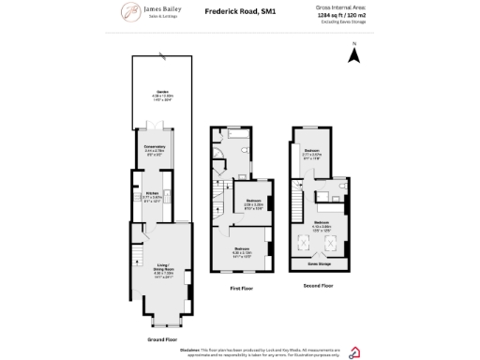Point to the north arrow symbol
pyautogui.click(x=353, y=55)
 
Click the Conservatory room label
pyautogui.click(x=156, y=146)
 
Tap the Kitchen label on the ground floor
pyautogui.click(x=152, y=193)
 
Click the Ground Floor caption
pyautogui.click(x=162, y=338)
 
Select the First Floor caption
pyautogui.click(x=242, y=289)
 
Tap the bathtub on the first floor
pyautogui.click(x=236, y=145)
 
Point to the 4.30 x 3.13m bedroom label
pyautogui.click(x=241, y=249)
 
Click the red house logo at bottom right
pyautogui.click(x=354, y=352)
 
